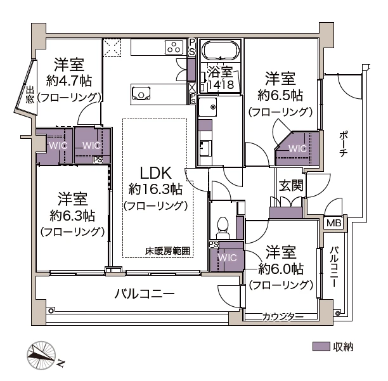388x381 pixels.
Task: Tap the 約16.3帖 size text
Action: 155,189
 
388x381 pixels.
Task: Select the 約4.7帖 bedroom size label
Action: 69,81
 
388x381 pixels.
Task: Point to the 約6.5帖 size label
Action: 280,96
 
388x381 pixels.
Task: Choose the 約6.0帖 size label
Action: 280,268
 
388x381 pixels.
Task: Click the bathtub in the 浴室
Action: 219,51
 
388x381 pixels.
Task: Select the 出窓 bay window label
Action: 30,94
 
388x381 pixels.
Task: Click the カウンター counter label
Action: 283,316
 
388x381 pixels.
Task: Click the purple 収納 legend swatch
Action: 322,347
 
